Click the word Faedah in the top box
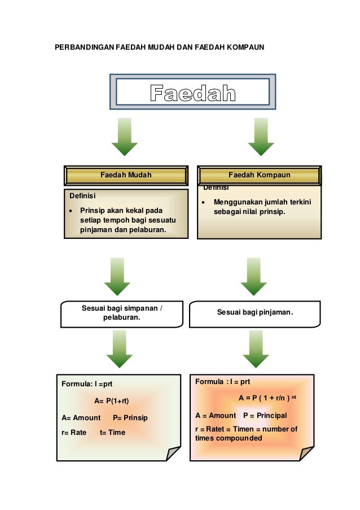coord(192,93)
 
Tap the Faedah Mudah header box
coord(126,175)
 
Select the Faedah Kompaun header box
coord(259,175)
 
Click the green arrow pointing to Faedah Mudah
coord(125,136)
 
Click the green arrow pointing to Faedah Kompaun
coord(261,136)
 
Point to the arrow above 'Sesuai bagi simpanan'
coord(117,276)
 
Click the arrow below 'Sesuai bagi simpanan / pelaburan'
coord(119,349)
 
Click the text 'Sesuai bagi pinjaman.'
coord(256,312)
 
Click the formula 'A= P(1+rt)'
coord(112,401)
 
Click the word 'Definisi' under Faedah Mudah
coord(82,197)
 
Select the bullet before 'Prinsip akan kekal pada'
coord(70,210)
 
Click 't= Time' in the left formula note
coord(112,432)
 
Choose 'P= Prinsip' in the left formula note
coord(130,418)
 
